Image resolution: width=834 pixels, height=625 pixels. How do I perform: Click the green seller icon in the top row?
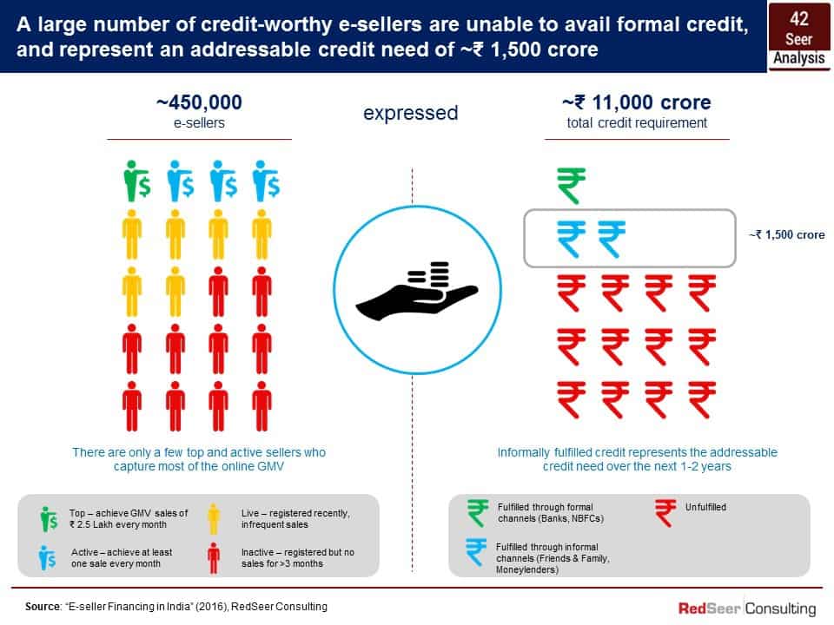point(136,181)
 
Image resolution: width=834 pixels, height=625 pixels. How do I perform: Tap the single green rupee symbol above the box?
point(572,186)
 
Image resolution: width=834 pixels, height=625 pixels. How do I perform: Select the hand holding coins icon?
point(417,291)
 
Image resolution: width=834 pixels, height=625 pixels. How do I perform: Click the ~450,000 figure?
point(200,102)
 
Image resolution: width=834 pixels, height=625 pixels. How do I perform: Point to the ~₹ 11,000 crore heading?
point(637,102)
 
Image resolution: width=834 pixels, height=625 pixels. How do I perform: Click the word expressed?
point(411,113)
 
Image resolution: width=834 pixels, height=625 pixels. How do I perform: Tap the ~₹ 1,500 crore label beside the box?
point(787,235)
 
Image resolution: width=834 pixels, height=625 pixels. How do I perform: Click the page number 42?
point(799,19)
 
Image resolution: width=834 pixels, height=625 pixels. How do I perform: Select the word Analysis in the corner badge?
point(799,58)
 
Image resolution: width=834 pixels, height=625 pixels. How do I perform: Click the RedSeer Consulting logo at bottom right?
point(747,609)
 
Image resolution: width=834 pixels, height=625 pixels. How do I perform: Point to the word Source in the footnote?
point(43,607)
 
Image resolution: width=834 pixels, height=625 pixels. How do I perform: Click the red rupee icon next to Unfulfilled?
point(665,513)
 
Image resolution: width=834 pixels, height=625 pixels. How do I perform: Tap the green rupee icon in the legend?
point(477,513)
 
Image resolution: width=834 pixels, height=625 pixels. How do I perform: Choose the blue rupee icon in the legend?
point(476,552)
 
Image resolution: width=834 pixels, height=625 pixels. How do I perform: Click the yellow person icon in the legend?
point(214,519)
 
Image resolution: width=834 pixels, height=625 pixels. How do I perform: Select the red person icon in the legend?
point(214,558)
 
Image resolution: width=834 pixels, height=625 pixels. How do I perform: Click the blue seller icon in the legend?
point(47,557)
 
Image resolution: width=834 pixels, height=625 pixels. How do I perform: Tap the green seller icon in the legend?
point(49,519)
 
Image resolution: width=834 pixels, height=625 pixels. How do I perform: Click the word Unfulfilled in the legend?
point(705,508)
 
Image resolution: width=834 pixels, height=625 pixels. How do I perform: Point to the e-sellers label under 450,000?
point(200,122)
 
